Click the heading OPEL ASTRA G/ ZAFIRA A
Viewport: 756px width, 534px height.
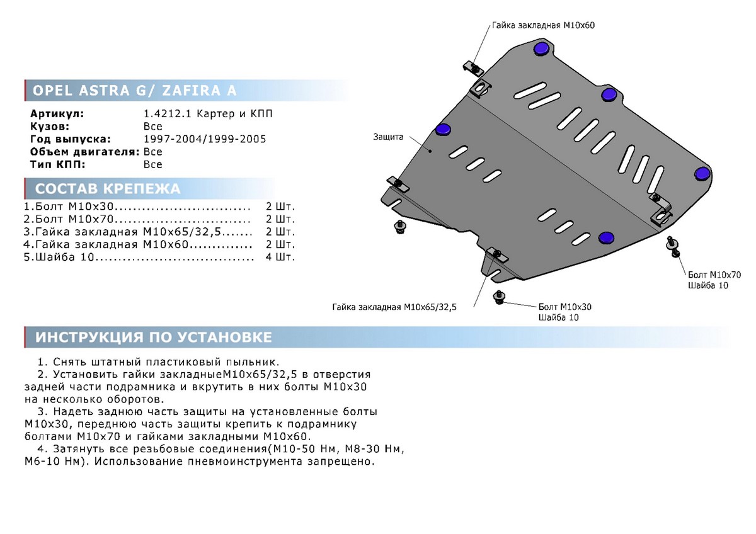pyautogui.click(x=134, y=91)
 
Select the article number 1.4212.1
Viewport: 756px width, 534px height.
pyautogui.click(x=167, y=114)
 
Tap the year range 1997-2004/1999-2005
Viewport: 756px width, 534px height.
pyautogui.click(x=205, y=139)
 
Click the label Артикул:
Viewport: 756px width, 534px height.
pyautogui.click(x=57, y=114)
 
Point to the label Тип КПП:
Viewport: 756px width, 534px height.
pyautogui.click(x=58, y=164)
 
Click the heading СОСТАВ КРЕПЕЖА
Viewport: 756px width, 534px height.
pyautogui.click(x=108, y=189)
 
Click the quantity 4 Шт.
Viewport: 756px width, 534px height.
pyautogui.click(x=280, y=257)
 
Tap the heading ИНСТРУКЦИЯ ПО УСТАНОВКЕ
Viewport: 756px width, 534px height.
pyautogui.click(x=154, y=338)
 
